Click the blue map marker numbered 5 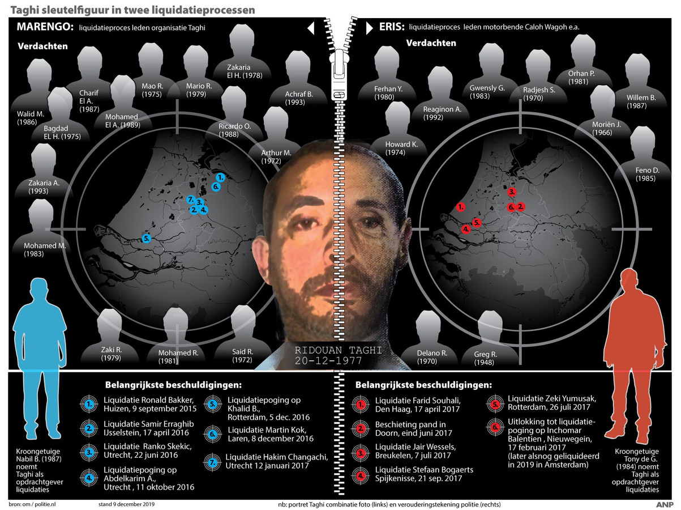tap(147, 238)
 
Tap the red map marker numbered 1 tap(461, 207)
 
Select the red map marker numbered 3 tap(512, 192)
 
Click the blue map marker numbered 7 tap(191, 199)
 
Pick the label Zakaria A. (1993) tap(44, 187)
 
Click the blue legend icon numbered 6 tap(211, 435)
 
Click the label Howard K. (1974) tap(401, 148)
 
